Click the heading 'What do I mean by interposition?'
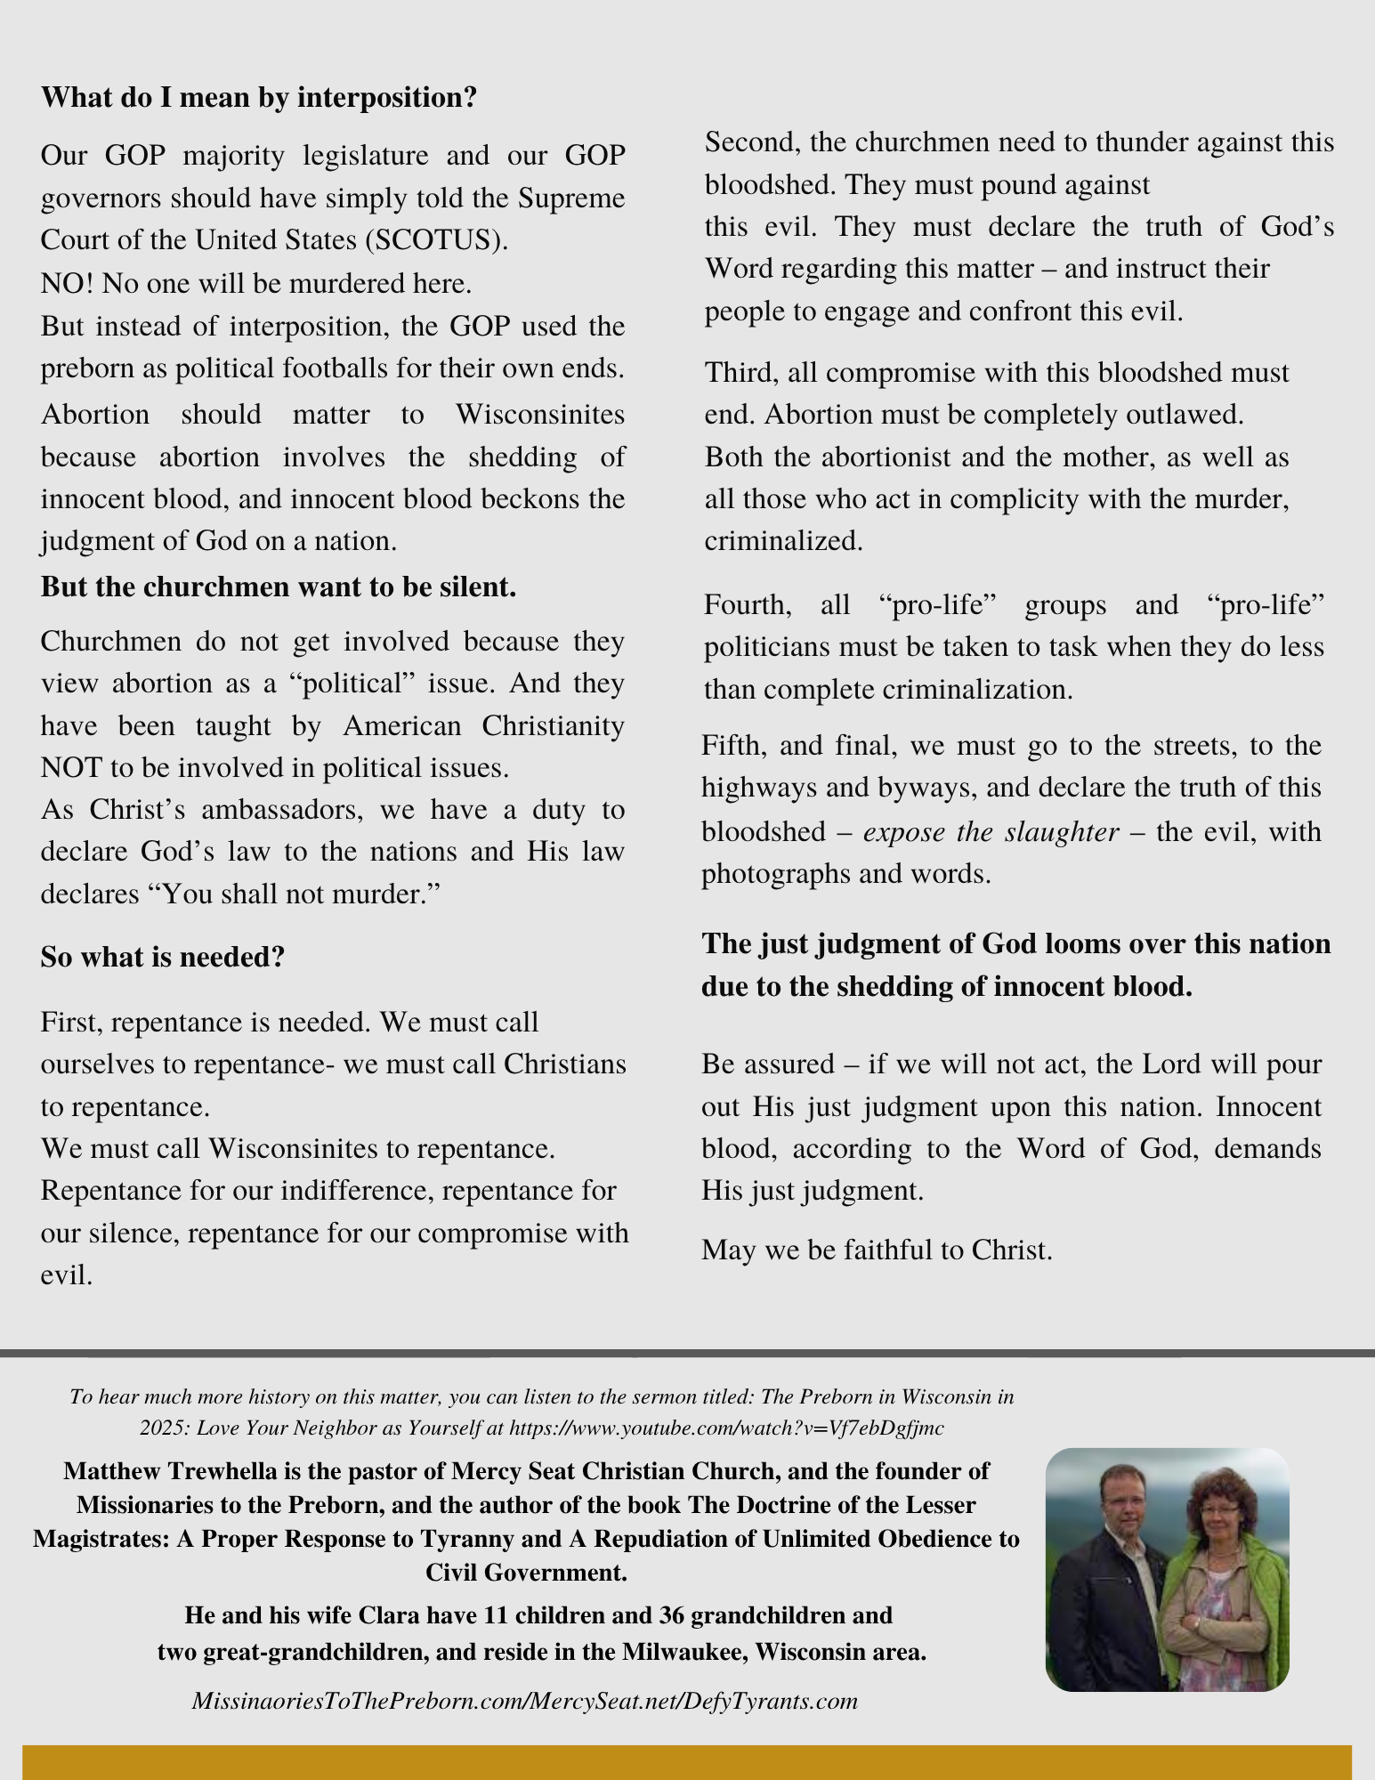pyautogui.click(x=259, y=97)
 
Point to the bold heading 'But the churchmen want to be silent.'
pyautogui.click(x=279, y=587)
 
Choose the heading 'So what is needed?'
pyautogui.click(x=163, y=957)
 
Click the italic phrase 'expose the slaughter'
pyautogui.click(x=991, y=831)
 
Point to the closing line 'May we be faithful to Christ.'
pyautogui.click(x=877, y=1250)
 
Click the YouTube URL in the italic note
pyautogui.click(x=726, y=1428)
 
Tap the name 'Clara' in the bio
pyautogui.click(x=392, y=1614)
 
